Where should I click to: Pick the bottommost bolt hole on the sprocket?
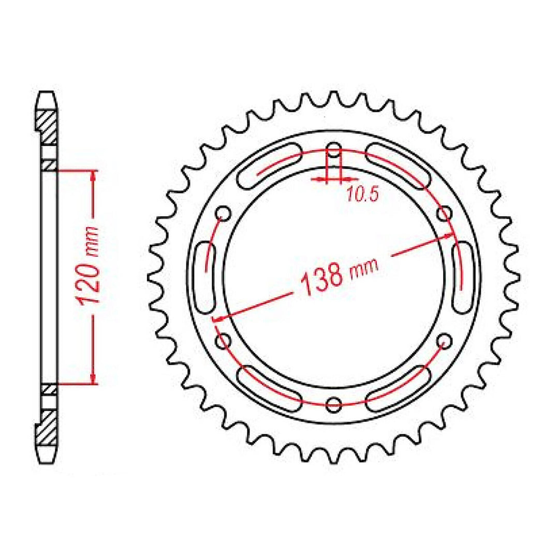tap(334, 403)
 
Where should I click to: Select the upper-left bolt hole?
tap(224, 213)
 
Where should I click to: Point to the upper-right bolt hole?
tap(444, 213)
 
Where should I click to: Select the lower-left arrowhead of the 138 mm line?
tap(218, 317)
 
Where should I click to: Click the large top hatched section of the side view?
tap(48, 127)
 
